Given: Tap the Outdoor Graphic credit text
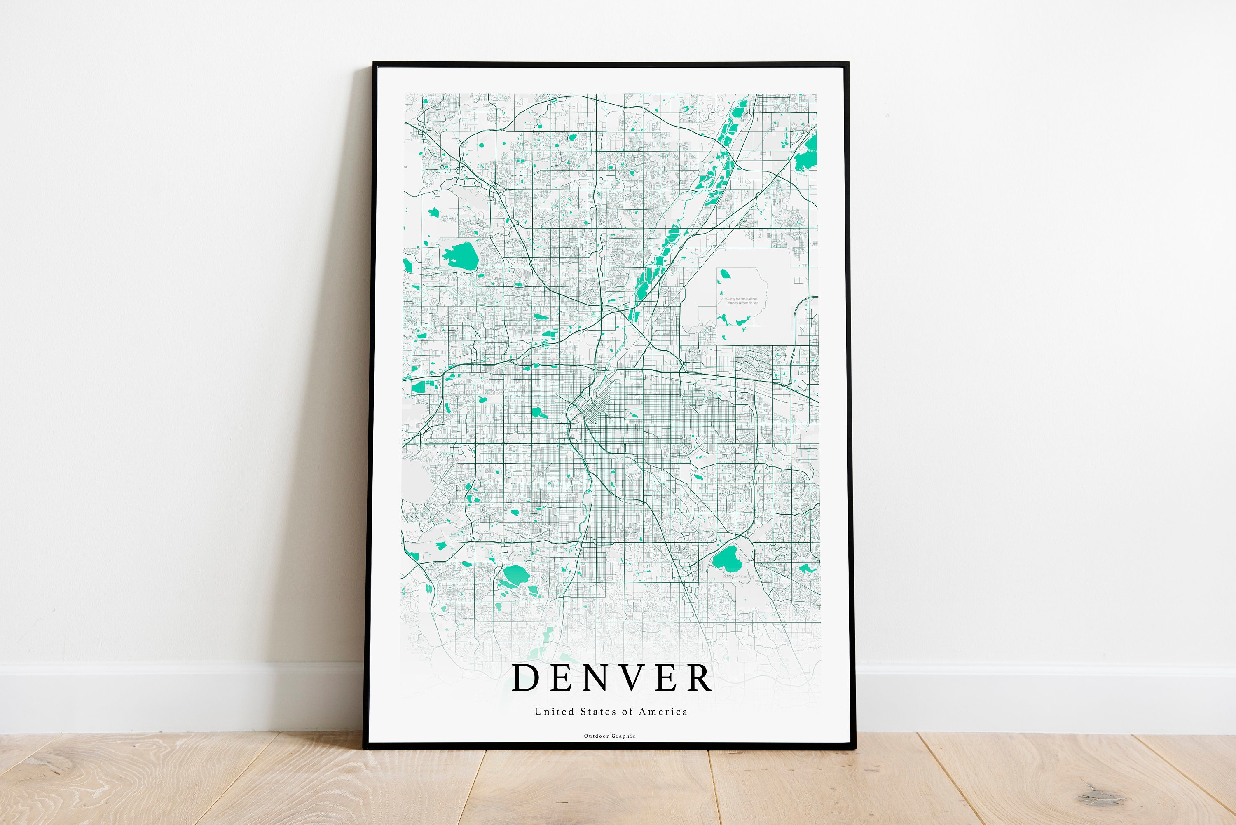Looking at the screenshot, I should [610, 736].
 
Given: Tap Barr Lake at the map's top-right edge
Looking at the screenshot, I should [806, 152].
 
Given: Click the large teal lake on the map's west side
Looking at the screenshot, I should [461, 255].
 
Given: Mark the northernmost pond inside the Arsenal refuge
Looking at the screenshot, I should [725, 274].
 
